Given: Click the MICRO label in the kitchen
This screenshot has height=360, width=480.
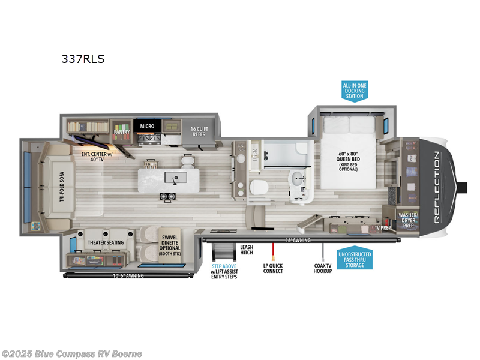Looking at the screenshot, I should click(x=147, y=127).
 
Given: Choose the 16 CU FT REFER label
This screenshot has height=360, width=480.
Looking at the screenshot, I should click(x=199, y=131).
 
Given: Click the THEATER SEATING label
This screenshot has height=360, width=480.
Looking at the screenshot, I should click(x=106, y=242).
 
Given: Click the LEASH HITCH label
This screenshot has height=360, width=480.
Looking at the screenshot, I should click(x=247, y=250).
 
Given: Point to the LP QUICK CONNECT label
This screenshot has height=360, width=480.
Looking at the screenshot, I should click(x=273, y=268).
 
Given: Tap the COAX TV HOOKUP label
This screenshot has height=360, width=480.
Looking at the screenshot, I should click(x=323, y=268).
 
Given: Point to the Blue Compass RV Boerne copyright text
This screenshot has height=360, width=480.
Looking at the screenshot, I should click(x=72, y=353).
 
